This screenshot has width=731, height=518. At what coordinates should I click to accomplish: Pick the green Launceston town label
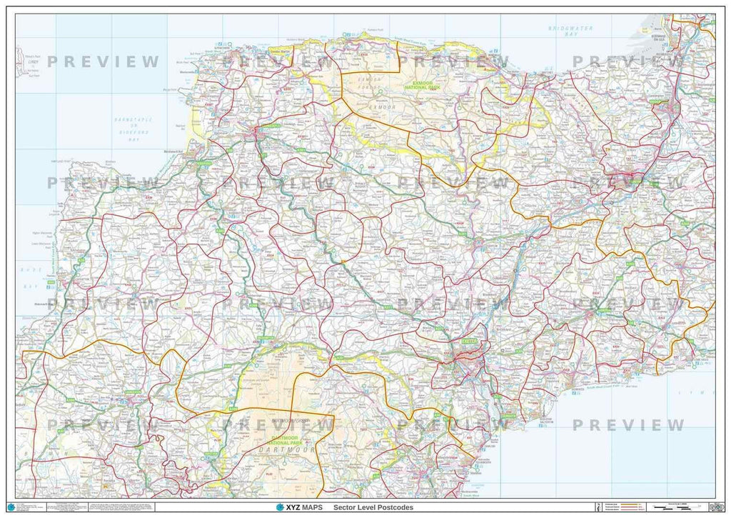tap(133, 392)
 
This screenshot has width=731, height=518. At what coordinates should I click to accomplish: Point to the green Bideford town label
tap(203, 163)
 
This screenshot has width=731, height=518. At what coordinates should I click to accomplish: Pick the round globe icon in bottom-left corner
tap(10, 507)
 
